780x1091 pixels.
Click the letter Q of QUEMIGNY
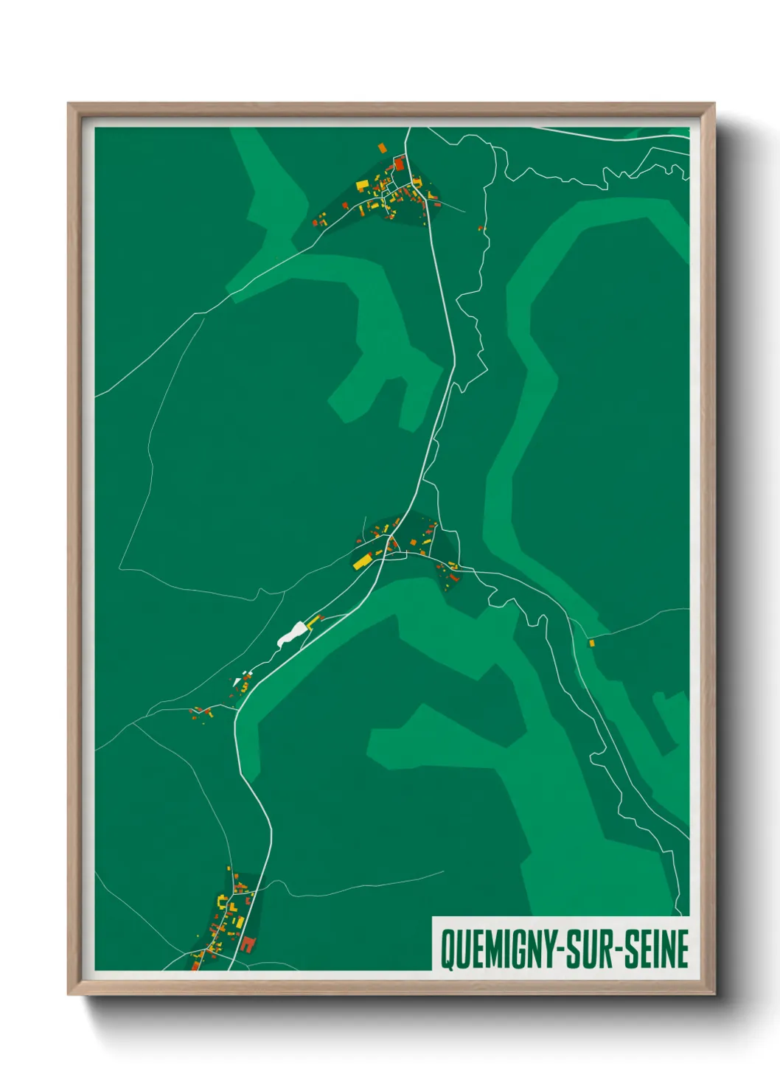point(447,949)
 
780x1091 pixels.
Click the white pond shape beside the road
point(292,633)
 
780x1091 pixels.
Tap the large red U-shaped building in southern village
point(246,944)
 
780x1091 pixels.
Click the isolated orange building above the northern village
point(382,147)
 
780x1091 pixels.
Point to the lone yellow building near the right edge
point(591,644)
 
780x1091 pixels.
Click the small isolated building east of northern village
point(480,229)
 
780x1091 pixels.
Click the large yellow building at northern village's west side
point(362,184)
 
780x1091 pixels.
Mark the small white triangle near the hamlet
point(237,683)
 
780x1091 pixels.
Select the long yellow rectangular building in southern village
point(239,921)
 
